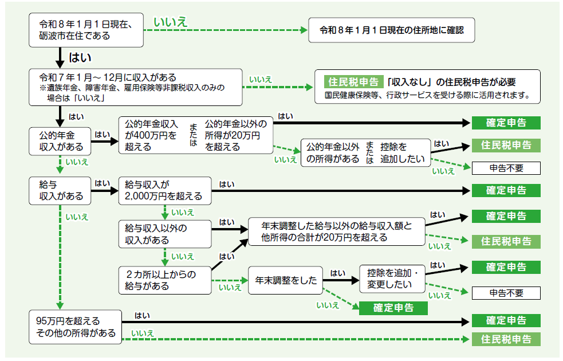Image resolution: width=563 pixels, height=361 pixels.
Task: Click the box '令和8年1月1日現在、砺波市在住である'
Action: [x=86, y=30]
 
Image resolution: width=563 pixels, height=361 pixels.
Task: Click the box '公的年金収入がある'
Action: [x=60, y=141]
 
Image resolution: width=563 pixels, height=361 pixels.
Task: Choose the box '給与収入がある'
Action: [x=60, y=190]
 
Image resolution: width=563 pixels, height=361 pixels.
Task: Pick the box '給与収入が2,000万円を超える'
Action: [x=164, y=190]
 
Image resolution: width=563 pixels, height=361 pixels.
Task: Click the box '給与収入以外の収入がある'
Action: [x=165, y=233]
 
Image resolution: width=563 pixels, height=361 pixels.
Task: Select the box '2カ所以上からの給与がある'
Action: [x=165, y=280]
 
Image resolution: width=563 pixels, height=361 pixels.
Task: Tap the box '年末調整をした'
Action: [x=286, y=280]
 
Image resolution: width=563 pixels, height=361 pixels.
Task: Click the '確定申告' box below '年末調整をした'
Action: [x=393, y=308]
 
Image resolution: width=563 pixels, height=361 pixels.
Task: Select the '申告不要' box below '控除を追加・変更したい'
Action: [x=506, y=293]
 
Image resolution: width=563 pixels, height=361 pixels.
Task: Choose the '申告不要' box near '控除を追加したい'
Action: [x=506, y=168]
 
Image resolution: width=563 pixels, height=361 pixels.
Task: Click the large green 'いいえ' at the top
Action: [x=171, y=22]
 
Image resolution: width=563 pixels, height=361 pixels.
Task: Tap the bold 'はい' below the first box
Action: [x=80, y=57]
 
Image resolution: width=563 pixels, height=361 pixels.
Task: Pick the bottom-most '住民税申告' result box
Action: [x=506, y=339]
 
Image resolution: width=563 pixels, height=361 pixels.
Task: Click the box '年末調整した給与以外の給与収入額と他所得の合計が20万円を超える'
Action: [x=337, y=231]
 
